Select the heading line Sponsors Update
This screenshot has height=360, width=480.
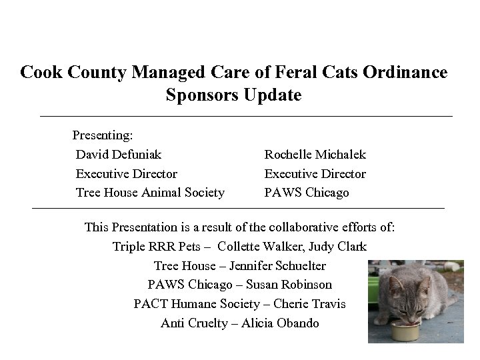coord(233,95)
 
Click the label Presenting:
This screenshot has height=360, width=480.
coord(103,135)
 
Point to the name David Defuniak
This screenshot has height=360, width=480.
coord(119,155)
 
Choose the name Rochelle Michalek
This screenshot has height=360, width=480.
coord(315,155)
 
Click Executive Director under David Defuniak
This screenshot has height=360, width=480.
coord(127,174)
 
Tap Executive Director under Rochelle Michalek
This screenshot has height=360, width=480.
coord(315,174)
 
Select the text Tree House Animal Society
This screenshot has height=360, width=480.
coord(150,193)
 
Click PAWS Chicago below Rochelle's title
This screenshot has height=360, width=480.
coord(307,193)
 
